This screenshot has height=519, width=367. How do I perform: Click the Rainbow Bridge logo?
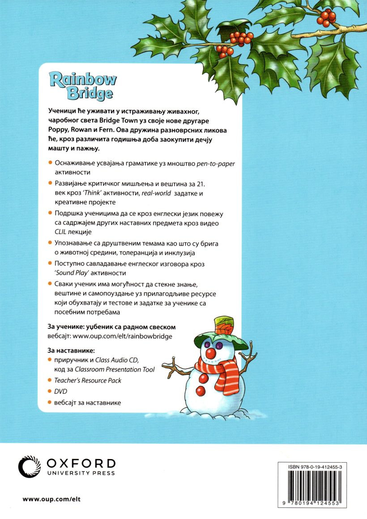[x=83, y=85]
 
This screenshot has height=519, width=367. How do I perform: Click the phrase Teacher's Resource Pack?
[x=88, y=380]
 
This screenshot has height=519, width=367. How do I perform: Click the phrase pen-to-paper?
[x=216, y=164]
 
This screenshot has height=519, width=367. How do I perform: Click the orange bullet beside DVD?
[x=50, y=391]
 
